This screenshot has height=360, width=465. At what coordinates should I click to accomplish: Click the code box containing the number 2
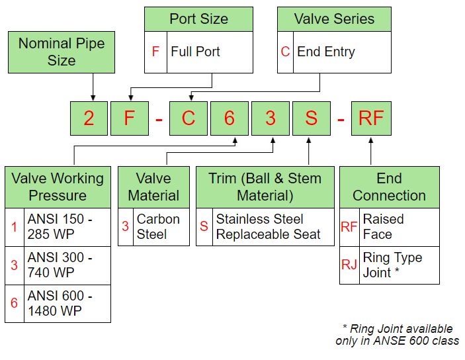pos(89,118)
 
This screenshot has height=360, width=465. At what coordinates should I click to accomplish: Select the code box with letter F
pos(129,118)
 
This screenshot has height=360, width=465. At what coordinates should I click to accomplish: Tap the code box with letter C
pos(189,118)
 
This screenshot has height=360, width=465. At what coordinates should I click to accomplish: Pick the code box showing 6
pos(229,118)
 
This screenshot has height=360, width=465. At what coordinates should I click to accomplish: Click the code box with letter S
pos(311,118)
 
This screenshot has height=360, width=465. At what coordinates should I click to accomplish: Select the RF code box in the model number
pos(370,118)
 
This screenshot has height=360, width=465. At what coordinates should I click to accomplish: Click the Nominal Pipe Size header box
pos(62,52)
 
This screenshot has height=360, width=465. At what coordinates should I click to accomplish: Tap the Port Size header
pos(198,19)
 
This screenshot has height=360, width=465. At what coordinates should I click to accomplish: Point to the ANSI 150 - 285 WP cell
pos(67,227)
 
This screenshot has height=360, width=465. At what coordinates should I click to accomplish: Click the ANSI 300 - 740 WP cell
pos(67,265)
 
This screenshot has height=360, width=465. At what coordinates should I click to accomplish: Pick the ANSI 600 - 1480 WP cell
pos(67,304)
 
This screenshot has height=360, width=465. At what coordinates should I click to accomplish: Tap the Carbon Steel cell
pos(161,227)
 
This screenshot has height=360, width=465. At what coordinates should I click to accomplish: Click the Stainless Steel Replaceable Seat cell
pos(273,227)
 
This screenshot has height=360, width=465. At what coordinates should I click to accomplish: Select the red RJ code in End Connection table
pos(349,265)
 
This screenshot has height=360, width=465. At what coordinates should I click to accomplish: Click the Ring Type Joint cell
pos(399,265)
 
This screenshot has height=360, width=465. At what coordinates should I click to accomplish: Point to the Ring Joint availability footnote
pos(397,335)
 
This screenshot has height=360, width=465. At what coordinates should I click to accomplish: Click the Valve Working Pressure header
pos(58,187)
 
